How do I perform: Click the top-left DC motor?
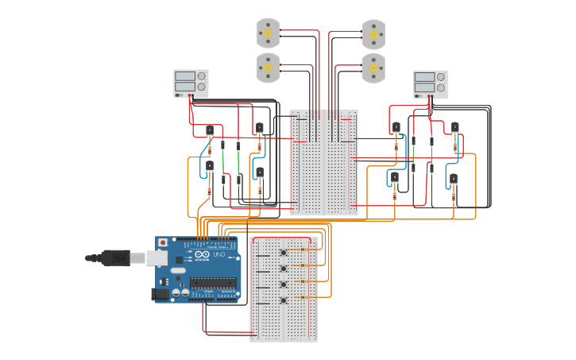[x=269, y=33]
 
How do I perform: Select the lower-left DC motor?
[x=269, y=68]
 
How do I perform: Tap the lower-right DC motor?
[x=373, y=69]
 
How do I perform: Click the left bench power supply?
[x=191, y=83]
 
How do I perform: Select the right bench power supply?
[x=430, y=84]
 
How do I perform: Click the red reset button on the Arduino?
[x=164, y=242]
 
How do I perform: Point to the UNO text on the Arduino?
[x=218, y=254]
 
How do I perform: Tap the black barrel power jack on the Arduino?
[x=161, y=294]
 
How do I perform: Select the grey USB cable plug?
[x=116, y=257]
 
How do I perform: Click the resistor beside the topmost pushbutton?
[x=303, y=250]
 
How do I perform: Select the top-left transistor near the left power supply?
[x=210, y=130]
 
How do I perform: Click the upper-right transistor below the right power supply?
[x=454, y=126]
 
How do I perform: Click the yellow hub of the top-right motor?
[x=373, y=34]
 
